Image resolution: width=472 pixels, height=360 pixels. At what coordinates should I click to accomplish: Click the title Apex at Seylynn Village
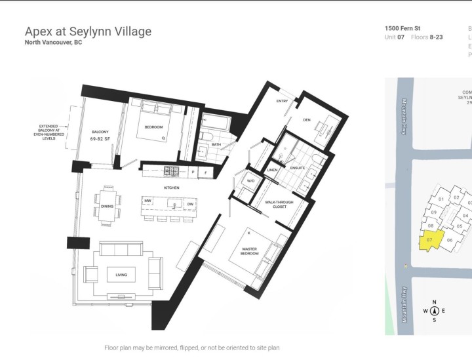pos(88,31)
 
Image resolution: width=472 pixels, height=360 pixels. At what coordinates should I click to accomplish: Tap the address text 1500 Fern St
pos(403,29)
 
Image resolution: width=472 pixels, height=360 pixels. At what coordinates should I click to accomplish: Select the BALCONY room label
pos(100,132)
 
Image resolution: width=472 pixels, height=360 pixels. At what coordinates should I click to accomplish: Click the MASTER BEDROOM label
pos(249,251)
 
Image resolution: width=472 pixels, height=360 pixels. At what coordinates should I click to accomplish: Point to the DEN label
pos(307,120)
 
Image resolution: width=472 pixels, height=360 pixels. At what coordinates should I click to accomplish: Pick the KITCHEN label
pos(172,188)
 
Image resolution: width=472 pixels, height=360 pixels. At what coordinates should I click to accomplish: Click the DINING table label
pos(108,207)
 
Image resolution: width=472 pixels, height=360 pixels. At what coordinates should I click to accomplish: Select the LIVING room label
pos(121,275)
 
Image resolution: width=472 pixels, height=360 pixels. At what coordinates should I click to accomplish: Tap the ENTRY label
pos(283,101)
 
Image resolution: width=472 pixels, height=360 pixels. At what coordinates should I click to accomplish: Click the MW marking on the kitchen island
pos(148,201)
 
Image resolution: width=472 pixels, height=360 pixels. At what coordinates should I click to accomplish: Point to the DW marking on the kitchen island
pos(190,204)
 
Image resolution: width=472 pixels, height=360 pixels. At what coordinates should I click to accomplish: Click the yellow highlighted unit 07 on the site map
pos(430,241)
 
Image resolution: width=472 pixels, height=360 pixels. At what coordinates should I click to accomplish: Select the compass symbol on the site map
pos(434,311)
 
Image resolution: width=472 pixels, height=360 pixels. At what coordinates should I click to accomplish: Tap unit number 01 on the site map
pos(441,198)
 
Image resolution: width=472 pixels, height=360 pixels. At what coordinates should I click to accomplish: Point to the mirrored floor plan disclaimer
pos(191,348)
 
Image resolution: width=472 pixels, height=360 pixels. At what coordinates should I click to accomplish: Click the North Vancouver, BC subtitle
pos(53,43)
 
